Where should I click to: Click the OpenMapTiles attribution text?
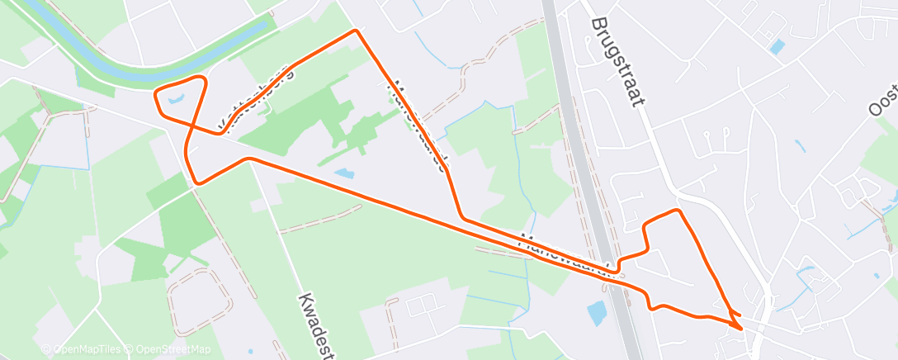tap(83, 350)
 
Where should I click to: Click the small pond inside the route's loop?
tap(176, 101)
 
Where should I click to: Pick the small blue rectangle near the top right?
tap(777, 45)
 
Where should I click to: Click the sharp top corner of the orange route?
tap(356, 31)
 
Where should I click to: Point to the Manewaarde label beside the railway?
tap(566, 254)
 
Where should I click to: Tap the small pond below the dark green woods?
tap(343, 174)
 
